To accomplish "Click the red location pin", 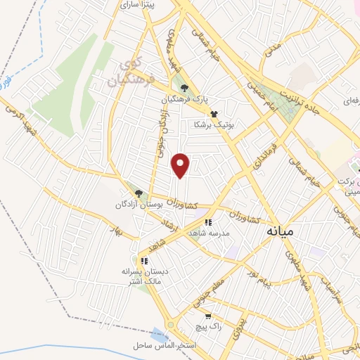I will pyautogui.click(x=181, y=166).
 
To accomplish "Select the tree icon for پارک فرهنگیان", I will pyautogui.click(x=184, y=88).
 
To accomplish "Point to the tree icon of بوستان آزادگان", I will pyautogui.click(x=138, y=193).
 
